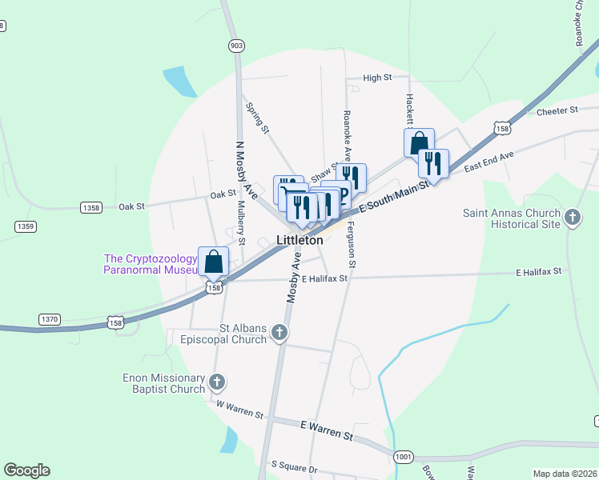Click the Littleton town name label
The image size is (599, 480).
(x=300, y=240)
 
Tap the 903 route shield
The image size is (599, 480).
(x=235, y=46)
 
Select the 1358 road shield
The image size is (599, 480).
(x=91, y=208)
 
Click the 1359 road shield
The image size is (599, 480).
(x=26, y=227)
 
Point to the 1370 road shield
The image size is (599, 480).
(x=50, y=319)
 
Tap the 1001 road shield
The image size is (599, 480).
(x=404, y=457)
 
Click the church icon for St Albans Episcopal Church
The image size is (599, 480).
(x=279, y=332)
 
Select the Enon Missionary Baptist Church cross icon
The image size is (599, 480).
(x=218, y=382)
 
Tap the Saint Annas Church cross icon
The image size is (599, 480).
(x=572, y=218)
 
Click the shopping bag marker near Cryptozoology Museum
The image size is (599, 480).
(x=213, y=261)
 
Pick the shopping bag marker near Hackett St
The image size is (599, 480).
(x=419, y=143)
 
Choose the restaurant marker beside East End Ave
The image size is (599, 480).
(x=433, y=163)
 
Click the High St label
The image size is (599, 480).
(x=376, y=78)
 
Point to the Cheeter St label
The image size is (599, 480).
(x=557, y=111)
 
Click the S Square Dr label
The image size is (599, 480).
(x=294, y=465)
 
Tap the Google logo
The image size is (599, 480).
(x=26, y=470)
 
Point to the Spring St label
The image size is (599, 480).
(x=259, y=117)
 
